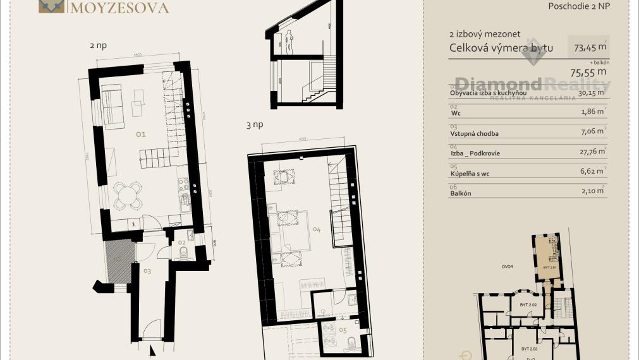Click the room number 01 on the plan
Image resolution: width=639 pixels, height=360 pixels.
[140, 134]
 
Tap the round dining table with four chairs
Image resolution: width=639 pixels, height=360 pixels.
[128, 195]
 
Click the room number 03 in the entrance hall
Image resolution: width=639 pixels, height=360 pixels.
[147, 271]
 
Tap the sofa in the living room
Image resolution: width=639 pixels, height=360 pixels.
[113, 105]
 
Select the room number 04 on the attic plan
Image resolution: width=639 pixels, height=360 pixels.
[317, 230]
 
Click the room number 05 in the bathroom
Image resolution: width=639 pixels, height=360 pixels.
[342, 329]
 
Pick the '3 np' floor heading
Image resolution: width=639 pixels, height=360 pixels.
[254, 125]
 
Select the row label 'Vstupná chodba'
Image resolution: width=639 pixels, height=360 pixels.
[474, 133]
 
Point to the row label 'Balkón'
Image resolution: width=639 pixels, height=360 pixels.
[462, 193]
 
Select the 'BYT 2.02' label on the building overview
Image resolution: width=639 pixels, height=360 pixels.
[528, 305]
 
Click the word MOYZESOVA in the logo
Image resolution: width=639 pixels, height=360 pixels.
[119, 8]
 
